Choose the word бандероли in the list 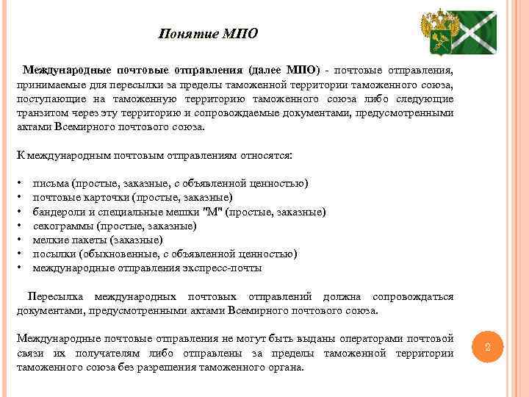pos(58,212)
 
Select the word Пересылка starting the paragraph pos(54,297)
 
